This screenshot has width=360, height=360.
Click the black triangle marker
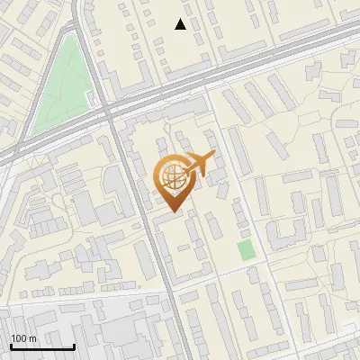pyautogui.click(x=181, y=24)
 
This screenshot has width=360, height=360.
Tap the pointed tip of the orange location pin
pyautogui.click(x=172, y=211)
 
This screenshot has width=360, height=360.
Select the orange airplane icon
pyautogui.click(x=200, y=165)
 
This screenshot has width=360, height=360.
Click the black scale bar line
pyautogui.click(x=42, y=347)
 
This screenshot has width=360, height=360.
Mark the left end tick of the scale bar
pyautogui.click(x=11, y=346)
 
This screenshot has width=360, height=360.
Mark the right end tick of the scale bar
pyautogui.click(x=74, y=346)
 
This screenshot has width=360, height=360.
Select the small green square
pyautogui.click(x=245, y=250)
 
